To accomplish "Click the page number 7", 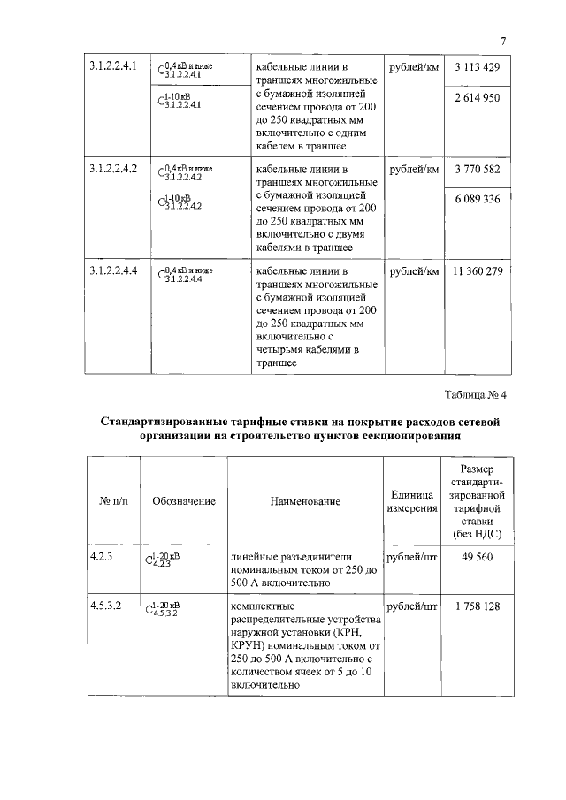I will point(501,42).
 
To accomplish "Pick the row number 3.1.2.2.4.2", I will point(113,168).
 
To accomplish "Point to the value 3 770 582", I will point(478,168).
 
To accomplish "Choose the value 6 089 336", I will point(478,198).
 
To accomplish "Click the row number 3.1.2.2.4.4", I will point(113,270).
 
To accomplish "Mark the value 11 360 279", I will point(478,270).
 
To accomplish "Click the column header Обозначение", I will point(184,501).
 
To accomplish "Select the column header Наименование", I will point(305,501).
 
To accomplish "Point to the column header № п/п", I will point(113,501).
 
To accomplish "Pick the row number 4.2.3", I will point(103,556).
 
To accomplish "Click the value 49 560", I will point(478,556).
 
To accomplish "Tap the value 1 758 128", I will point(478,606).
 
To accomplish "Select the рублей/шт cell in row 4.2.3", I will point(413,556).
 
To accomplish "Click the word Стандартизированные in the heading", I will point(170,421).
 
